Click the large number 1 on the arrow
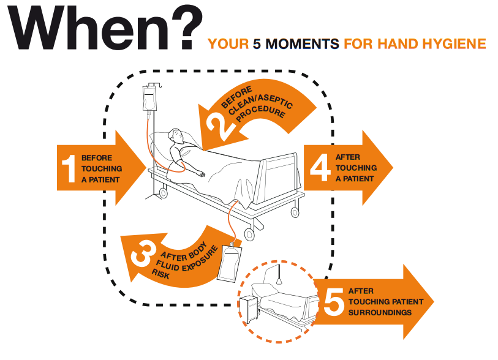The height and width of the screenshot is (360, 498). coord(69,168)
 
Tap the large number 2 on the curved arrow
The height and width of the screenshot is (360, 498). coord(220,126)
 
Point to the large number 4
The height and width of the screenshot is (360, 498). coord(320,168)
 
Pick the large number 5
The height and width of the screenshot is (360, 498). coord(334,302)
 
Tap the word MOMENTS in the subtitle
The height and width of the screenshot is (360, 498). coord(302,44)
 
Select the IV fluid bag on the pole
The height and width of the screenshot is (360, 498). coord(149,99)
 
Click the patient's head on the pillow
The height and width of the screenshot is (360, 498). coord(176,136)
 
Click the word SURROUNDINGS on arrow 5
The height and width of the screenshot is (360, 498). coord(380,313)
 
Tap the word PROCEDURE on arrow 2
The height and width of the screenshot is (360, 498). coord(261,114)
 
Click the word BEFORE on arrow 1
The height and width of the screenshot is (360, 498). coord(97,158)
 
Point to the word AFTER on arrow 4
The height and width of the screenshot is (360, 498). coord(348,157)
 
